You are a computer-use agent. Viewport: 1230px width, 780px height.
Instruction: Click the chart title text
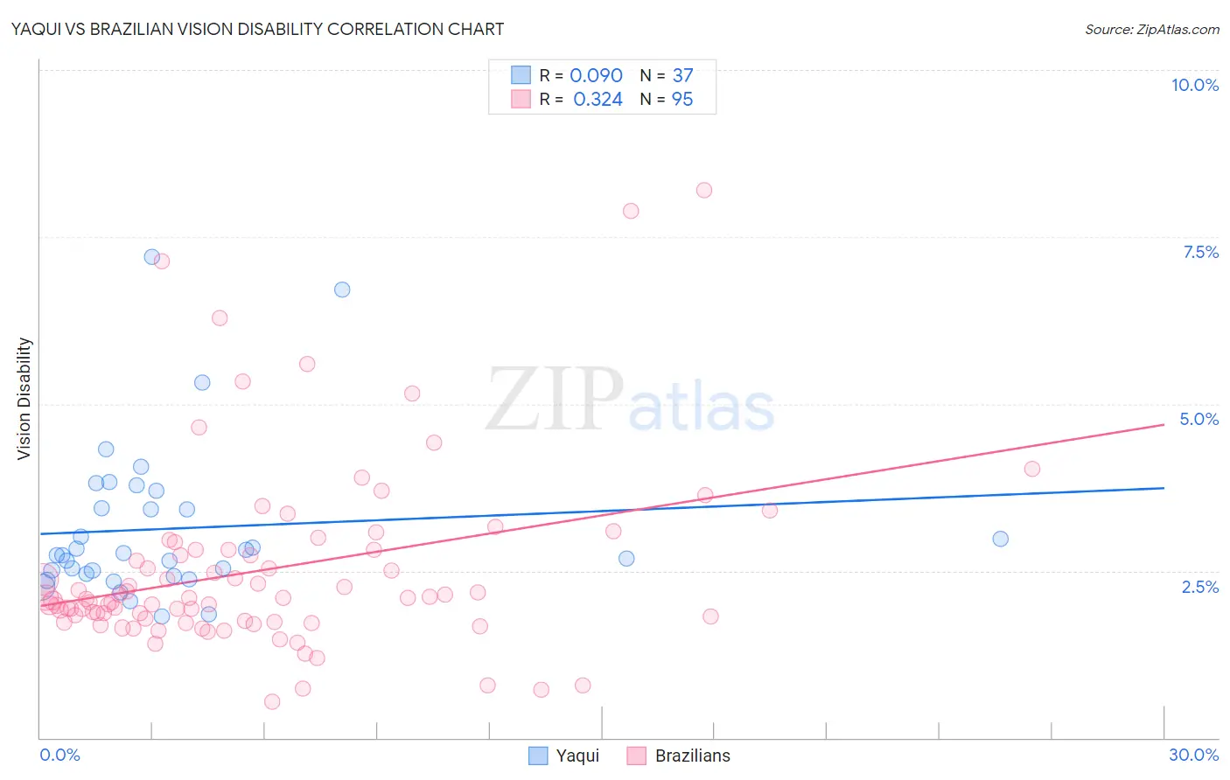(x=257, y=29)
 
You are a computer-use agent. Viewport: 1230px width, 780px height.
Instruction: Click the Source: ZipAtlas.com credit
(x=1151, y=30)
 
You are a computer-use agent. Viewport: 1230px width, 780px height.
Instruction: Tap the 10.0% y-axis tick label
(x=1194, y=85)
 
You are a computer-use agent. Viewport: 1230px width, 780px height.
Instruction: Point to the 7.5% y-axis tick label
(x=1200, y=252)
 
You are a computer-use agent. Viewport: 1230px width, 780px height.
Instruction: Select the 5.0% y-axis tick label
(x=1199, y=419)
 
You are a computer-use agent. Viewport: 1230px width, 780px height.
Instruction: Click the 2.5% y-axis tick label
(x=1199, y=587)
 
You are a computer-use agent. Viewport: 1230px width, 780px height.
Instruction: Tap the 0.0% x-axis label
(x=59, y=755)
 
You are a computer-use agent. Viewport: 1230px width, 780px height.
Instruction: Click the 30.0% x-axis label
(x=1193, y=755)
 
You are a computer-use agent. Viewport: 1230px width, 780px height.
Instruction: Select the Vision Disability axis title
(x=24, y=399)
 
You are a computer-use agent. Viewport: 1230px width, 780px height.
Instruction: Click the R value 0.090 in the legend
(x=596, y=76)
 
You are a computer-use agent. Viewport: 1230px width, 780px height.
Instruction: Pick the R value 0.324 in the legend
(x=598, y=100)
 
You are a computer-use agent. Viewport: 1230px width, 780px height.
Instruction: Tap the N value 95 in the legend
(x=682, y=100)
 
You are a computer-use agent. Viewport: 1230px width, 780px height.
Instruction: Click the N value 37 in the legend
(x=682, y=76)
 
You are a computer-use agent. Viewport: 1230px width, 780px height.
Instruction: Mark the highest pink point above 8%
(x=704, y=190)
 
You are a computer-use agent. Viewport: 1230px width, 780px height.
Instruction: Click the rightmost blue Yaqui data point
(x=1000, y=539)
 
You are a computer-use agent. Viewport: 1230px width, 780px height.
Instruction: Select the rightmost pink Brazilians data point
(x=1031, y=469)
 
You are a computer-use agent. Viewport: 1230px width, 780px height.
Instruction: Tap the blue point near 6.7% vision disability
(x=342, y=289)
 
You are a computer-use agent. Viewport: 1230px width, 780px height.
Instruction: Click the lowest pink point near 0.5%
(x=272, y=701)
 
